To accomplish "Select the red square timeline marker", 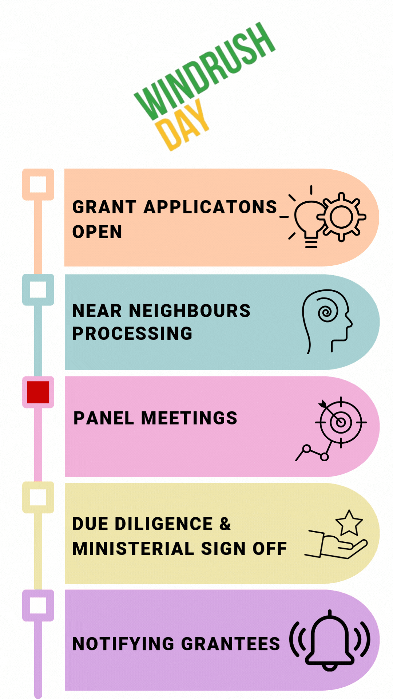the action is click(38, 392).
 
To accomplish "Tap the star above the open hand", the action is click(349, 523).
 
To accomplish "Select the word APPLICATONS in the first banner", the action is click(210, 207).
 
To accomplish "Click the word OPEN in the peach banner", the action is click(97, 232).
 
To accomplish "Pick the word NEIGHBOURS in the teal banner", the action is click(190, 311).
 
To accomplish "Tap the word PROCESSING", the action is click(132, 333).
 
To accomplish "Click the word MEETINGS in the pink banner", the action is click(189, 418).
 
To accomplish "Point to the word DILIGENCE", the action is click(164, 524).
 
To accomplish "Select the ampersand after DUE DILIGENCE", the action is click(225, 524).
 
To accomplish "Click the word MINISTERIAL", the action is click(133, 549).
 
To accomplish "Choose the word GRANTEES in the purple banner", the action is click(230, 644).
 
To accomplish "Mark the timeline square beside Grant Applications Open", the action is click(38, 184).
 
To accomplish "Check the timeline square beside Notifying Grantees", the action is click(38, 605).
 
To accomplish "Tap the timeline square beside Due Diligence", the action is click(38, 497).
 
